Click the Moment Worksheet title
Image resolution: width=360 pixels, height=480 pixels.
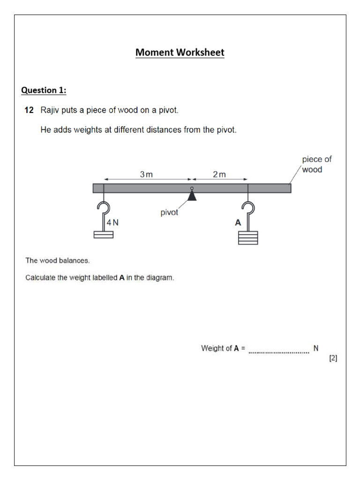[x=180, y=52]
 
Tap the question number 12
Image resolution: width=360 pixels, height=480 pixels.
[x=29, y=111]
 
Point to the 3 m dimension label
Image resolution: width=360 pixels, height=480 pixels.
[x=146, y=174]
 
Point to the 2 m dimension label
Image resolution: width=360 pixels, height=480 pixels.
[x=219, y=174]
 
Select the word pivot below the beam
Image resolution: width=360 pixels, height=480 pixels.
[x=169, y=212]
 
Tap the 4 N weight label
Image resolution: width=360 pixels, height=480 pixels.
[x=112, y=223]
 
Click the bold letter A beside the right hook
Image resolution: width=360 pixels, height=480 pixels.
[x=238, y=223]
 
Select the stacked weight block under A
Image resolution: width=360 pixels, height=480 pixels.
[x=248, y=238]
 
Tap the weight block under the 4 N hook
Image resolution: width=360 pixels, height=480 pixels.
[x=104, y=234]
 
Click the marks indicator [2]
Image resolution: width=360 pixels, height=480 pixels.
[x=333, y=359]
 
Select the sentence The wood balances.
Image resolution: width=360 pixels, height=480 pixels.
[x=57, y=260]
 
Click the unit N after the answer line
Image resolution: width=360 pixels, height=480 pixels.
[x=316, y=348]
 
